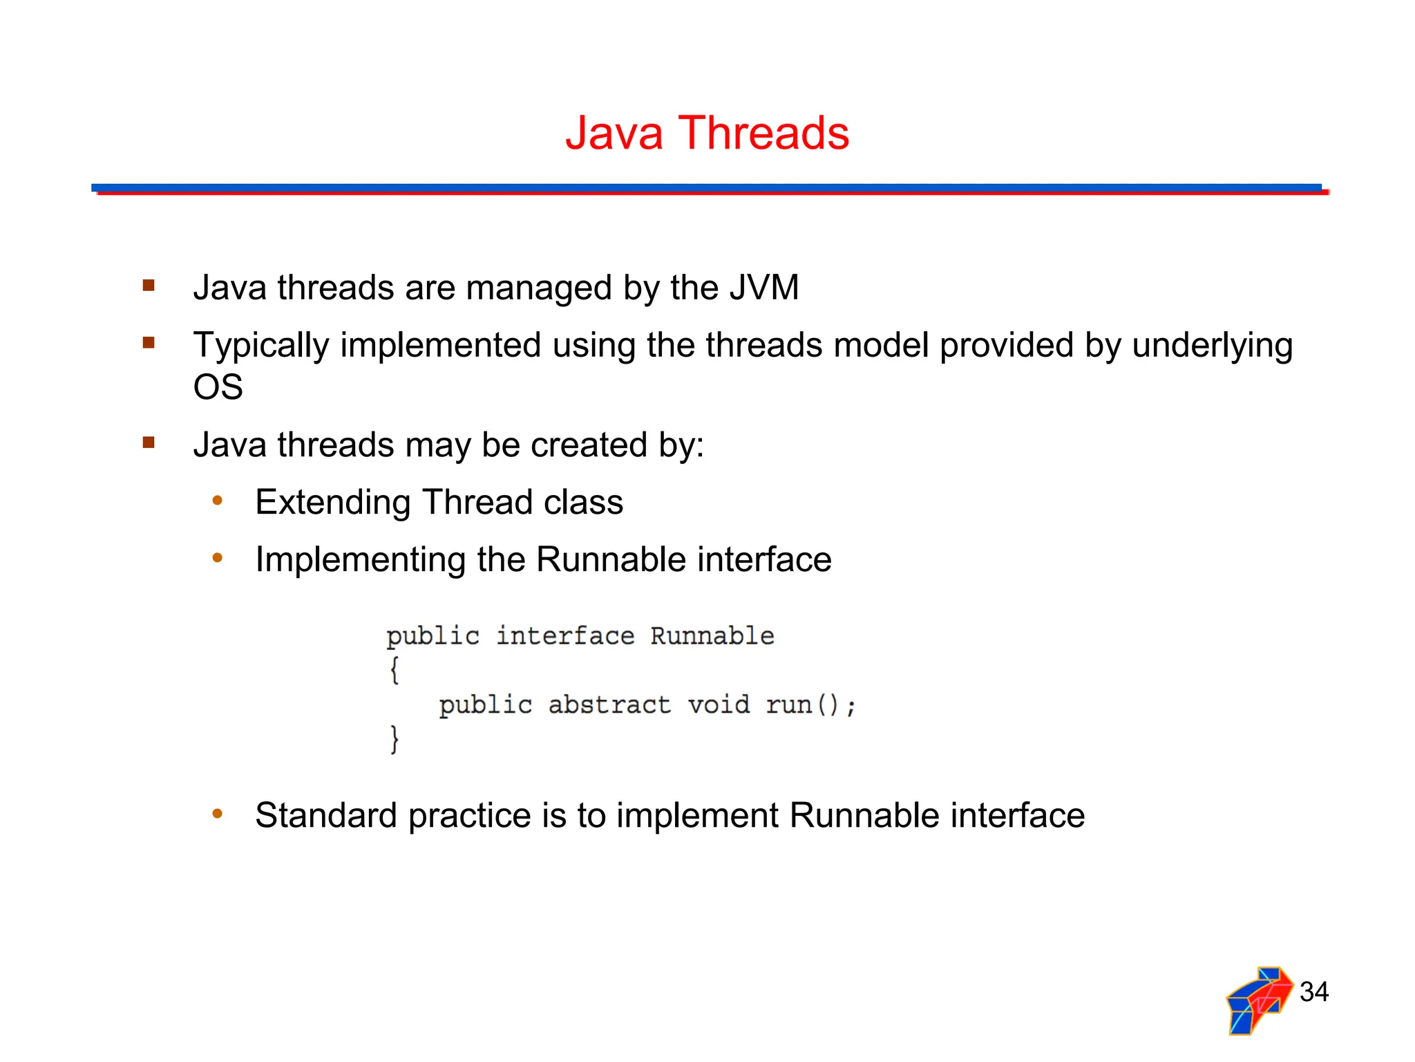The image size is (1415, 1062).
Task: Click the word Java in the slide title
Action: tap(614, 133)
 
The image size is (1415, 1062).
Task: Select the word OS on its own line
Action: tap(218, 386)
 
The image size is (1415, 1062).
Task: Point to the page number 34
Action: tap(1313, 991)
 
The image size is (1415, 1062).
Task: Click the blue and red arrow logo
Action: tap(1259, 1000)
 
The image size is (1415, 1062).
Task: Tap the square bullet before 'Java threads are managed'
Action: tap(149, 285)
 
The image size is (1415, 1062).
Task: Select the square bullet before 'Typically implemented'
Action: tap(149, 342)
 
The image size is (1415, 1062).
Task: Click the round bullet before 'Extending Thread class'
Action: tap(218, 501)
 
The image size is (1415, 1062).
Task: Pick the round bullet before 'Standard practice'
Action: tap(218, 814)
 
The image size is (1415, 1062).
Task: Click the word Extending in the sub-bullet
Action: tap(332, 502)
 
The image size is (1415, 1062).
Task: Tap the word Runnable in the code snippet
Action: tap(712, 635)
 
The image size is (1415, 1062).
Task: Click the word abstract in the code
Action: tap(609, 705)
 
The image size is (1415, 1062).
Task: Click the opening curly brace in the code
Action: tap(395, 670)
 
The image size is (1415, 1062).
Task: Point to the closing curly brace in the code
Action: tap(395, 739)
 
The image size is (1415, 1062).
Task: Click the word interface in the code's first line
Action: tap(564, 635)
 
